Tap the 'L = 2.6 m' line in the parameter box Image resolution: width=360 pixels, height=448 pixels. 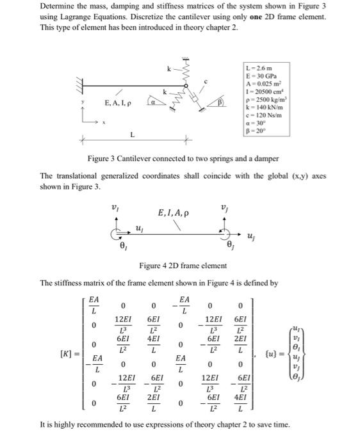click(x=259, y=68)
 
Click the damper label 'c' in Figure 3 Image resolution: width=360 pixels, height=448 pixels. click(x=204, y=81)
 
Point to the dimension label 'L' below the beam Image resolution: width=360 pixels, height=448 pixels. click(x=133, y=134)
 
